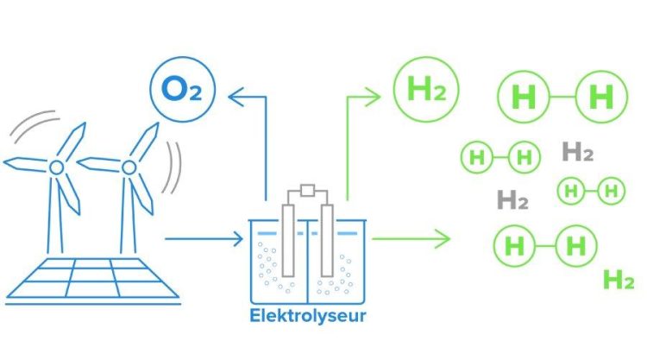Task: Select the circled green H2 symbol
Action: pos(426,89)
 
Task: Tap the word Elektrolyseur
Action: pos(308,316)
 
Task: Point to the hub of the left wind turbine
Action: pos(57,167)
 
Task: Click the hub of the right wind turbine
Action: pos(129,167)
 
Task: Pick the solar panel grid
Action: pos(93,278)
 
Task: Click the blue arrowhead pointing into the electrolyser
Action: pos(238,238)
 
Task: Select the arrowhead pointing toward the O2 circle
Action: pos(235,97)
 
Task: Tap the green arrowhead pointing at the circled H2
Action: pos(374,98)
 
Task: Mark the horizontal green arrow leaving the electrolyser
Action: pos(411,238)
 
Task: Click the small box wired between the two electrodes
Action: pos(307,190)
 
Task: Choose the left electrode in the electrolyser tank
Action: pos(288,240)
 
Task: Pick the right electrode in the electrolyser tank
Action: pos(327,240)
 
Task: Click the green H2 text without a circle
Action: pos(619,280)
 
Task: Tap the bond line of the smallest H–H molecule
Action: pos(591,191)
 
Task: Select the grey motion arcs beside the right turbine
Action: pos(173,167)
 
